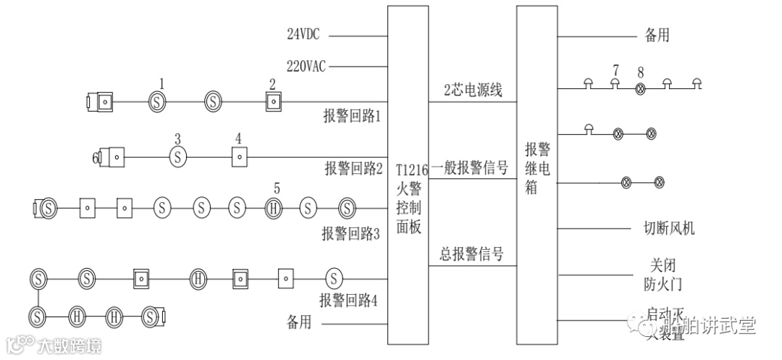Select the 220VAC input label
(x=306, y=67)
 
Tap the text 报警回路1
(x=352, y=116)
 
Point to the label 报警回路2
(x=353, y=169)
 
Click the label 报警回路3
(x=350, y=233)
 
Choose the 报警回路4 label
(x=348, y=299)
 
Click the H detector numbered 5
(x=274, y=209)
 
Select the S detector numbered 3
(x=178, y=156)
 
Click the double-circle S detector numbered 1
(x=158, y=102)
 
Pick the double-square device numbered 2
(x=273, y=102)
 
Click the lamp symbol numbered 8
(x=640, y=88)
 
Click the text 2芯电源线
(x=473, y=91)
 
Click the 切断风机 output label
(x=669, y=228)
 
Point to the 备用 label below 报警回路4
(x=298, y=322)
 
